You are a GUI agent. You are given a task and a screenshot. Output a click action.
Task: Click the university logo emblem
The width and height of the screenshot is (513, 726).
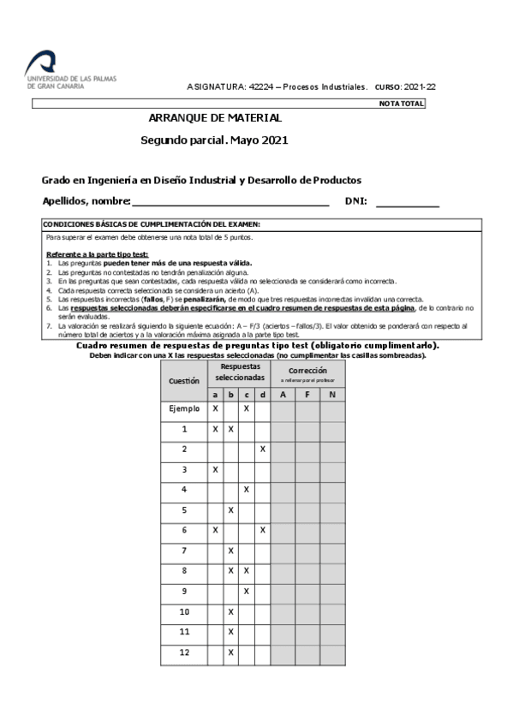click(x=42, y=62)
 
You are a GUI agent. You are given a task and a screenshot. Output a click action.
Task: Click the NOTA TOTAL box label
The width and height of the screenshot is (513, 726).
click(x=401, y=104)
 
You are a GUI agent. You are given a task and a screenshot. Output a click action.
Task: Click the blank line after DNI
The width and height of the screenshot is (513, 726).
click(x=407, y=203)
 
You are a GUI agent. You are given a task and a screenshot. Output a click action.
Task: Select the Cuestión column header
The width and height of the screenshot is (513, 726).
click(x=184, y=379)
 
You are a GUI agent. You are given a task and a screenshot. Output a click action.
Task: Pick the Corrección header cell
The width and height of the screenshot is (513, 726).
click(x=307, y=373)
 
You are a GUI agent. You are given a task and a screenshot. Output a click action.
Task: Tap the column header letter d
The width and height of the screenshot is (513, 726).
click(x=263, y=394)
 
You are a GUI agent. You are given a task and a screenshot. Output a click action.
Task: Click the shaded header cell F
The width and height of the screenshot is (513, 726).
click(x=307, y=394)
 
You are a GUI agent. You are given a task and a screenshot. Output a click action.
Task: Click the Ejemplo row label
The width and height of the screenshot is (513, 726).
click(x=184, y=409)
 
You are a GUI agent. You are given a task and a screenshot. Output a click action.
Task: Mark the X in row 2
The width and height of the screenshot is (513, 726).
click(x=263, y=449)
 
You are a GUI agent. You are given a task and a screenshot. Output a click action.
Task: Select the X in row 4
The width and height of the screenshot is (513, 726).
click(x=247, y=490)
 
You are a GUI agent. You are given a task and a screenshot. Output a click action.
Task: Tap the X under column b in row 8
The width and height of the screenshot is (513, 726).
click(x=230, y=571)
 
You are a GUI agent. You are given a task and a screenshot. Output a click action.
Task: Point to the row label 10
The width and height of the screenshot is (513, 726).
click(x=184, y=612)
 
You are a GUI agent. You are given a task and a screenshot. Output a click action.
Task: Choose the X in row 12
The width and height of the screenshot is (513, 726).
click(x=230, y=652)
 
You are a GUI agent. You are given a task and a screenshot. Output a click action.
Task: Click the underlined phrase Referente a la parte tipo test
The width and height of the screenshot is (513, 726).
click(x=97, y=254)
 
